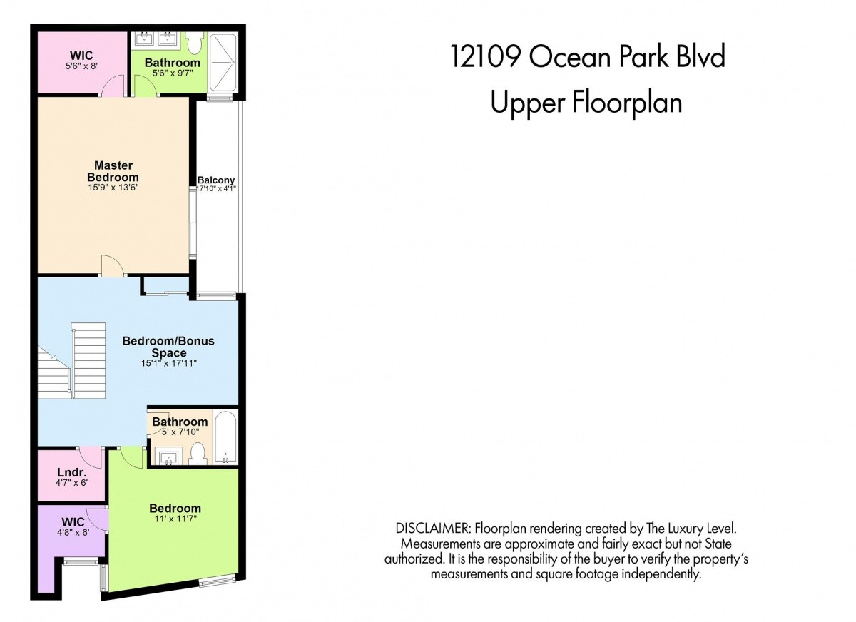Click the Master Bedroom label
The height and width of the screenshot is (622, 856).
(113, 171)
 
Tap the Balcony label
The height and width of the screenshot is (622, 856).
(216, 180)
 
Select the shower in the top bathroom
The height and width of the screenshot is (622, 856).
(223, 62)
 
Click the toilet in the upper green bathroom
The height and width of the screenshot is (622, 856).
(195, 44)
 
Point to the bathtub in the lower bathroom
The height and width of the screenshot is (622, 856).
(225, 437)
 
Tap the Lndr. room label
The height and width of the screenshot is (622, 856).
(72, 473)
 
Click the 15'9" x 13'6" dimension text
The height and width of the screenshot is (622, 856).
(113, 188)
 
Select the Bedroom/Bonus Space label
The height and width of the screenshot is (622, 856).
(168, 347)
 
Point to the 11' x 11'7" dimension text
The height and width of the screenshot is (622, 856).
(175, 519)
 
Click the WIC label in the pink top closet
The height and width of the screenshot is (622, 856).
(81, 56)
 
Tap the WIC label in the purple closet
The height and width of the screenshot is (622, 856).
(73, 521)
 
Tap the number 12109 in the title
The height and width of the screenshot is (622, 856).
(486, 56)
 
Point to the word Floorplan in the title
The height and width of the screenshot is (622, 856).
(627, 103)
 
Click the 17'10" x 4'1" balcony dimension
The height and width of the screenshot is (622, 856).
(216, 188)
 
